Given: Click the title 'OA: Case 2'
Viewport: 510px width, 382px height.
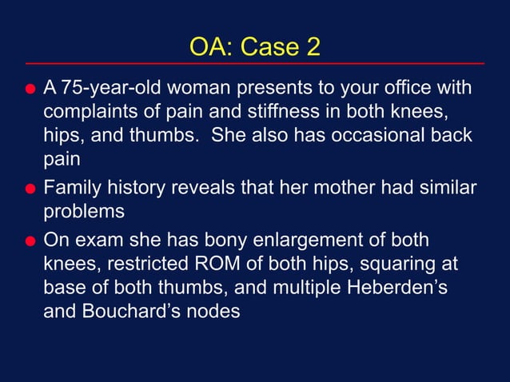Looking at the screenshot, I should click(254, 46).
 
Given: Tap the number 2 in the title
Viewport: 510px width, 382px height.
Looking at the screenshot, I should click(312, 46).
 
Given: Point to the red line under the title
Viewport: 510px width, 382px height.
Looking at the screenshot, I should click(254, 63).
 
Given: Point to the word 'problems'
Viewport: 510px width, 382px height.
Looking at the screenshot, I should click(84, 213).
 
